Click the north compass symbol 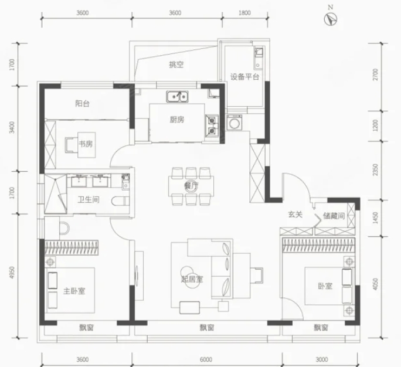click(331, 19)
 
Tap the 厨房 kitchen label click(176, 120)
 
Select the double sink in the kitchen click(178, 96)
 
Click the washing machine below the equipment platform click(235, 123)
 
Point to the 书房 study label click(86, 144)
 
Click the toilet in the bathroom click(120, 201)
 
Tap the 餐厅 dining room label click(191, 186)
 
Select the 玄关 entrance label click(295, 215)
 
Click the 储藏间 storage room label click(334, 216)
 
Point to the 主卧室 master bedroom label click(74, 291)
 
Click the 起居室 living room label click(192, 279)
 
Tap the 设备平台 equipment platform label click(244, 77)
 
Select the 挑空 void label click(176, 64)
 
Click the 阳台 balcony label click(82, 104)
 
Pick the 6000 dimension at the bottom click(206, 359)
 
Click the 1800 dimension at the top click(244, 13)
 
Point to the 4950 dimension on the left click(12, 273)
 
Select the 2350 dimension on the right click(375, 170)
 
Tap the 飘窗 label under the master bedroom click(86, 328)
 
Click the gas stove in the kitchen click(212, 125)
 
